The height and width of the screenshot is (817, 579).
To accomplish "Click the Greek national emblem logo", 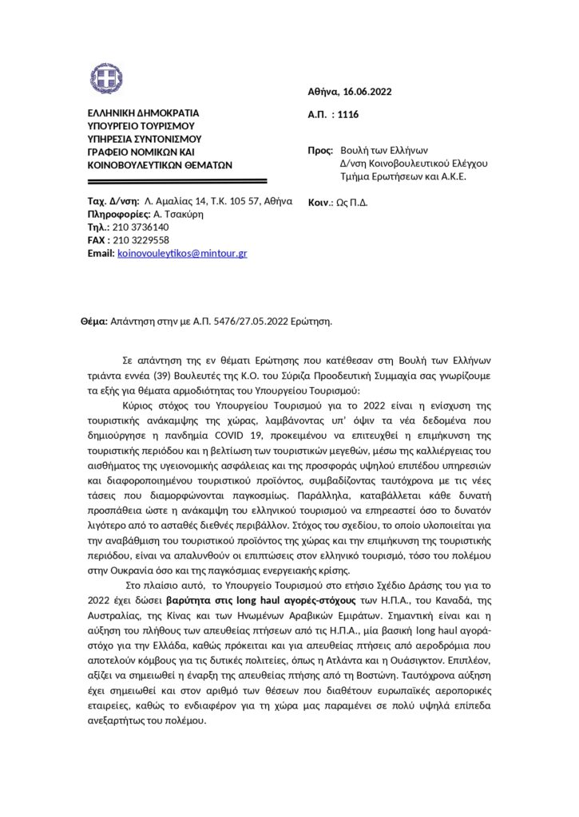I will click(x=106, y=77).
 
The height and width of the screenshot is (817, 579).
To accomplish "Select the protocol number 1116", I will click(x=348, y=115).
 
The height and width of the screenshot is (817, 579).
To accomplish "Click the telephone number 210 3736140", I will click(x=140, y=227).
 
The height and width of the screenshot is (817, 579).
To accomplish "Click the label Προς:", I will click(x=320, y=150).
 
